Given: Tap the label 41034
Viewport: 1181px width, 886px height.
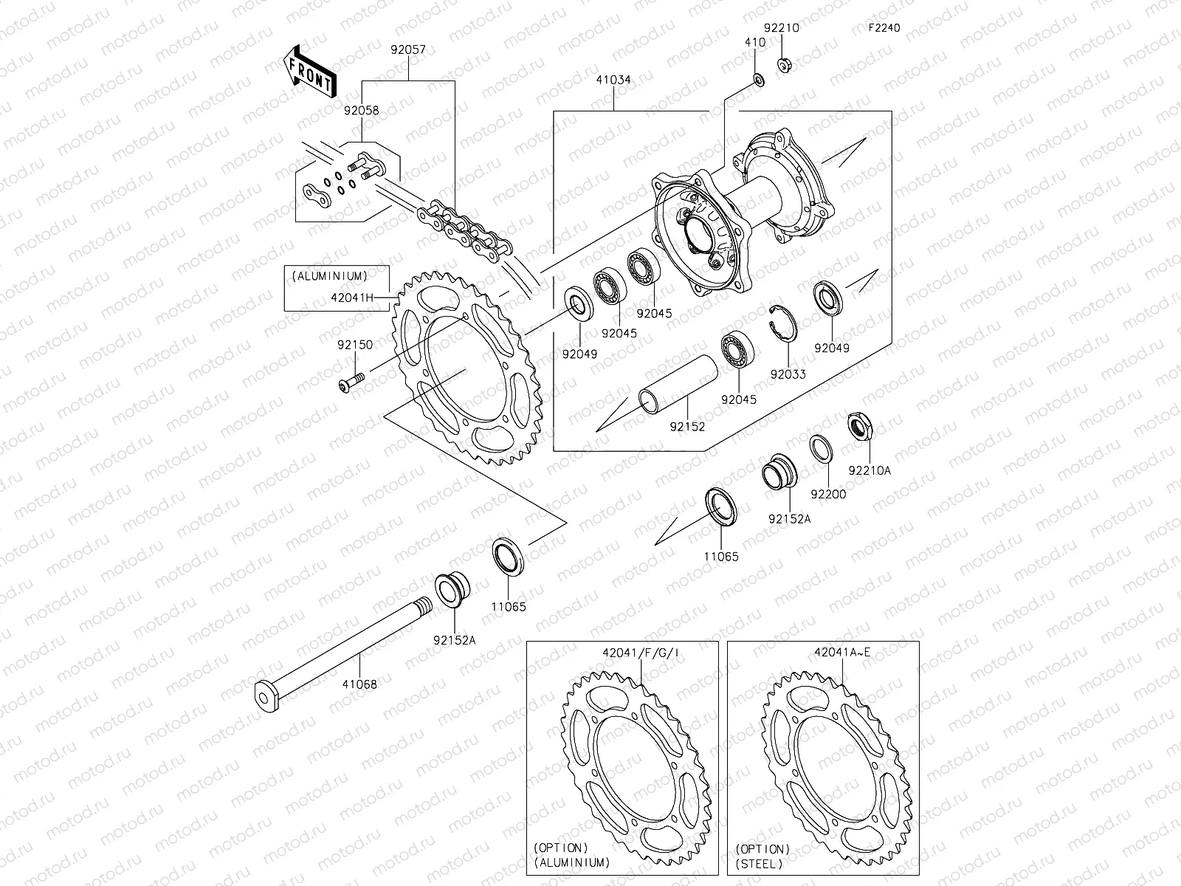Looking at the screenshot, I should [x=614, y=79].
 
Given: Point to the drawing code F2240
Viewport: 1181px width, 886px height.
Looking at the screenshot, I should [x=884, y=28].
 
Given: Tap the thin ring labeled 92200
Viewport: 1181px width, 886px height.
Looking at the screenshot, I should [x=822, y=449].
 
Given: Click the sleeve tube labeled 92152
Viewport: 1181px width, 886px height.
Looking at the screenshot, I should [x=678, y=382].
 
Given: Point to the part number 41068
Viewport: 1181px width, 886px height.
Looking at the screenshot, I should [x=359, y=684].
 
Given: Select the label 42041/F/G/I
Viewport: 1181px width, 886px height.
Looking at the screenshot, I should [x=640, y=652].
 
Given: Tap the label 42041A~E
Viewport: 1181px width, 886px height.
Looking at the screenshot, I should [x=842, y=652].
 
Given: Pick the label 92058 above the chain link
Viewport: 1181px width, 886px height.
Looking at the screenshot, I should [x=361, y=110].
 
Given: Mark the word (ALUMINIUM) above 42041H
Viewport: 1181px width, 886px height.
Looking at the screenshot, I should [x=329, y=275].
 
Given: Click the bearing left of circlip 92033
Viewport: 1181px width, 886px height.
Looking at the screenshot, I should [x=737, y=350].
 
